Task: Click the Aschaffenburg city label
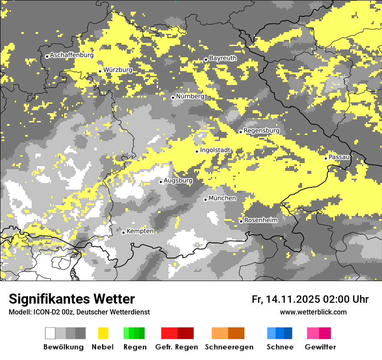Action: tap(72, 56)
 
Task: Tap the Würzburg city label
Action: tap(118, 70)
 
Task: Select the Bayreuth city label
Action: tap(223, 58)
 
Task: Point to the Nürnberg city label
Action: tap(190, 96)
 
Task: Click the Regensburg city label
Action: tap(261, 131)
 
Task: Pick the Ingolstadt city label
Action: tap(215, 150)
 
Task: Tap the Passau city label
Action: tap(339, 157)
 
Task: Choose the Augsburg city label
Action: tap(178, 180)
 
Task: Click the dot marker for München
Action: tap(205, 200)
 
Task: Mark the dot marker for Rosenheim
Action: tap(241, 221)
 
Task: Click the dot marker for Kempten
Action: tap(123, 232)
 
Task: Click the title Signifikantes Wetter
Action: tap(72, 299)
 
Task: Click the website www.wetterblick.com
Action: tap(313, 312)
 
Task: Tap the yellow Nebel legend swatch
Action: tap(103, 333)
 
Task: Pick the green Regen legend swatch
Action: tap(134, 333)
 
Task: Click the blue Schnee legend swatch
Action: tap(280, 333)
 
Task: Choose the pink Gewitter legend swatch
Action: tap(319, 333)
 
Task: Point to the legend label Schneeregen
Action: tap(229, 347)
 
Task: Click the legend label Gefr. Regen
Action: tap(177, 347)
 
